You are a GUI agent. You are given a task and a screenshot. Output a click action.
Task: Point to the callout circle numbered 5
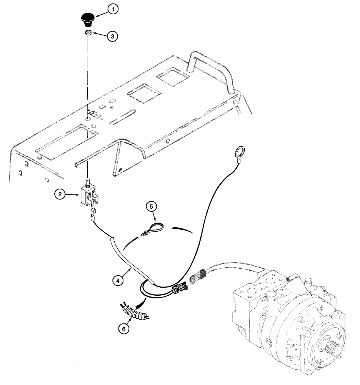(150, 206)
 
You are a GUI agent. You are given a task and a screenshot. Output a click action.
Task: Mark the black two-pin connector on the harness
(180, 288)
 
